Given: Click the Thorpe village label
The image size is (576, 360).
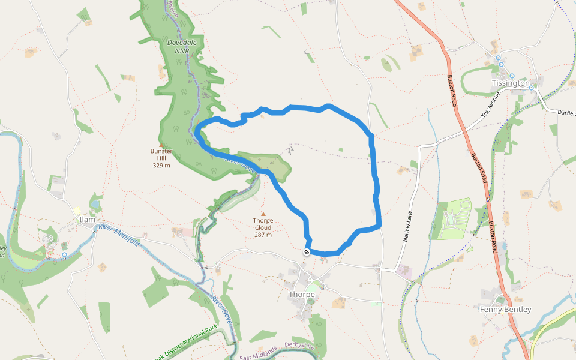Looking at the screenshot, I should coord(302,294).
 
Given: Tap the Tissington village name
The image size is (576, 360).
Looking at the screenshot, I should coord(510,83).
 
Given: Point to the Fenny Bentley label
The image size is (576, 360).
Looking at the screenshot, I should coord(505,310).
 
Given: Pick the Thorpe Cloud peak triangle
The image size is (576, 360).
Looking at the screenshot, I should coord(263,213).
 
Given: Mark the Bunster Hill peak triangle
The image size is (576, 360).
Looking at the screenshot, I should coord(161,144).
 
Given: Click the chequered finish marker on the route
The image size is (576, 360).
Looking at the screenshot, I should coord(307,253).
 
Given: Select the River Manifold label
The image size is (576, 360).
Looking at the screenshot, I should coord(119,235).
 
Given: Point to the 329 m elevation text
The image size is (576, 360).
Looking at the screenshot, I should coord(161,165).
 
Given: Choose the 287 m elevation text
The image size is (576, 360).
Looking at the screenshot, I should coord(263,235).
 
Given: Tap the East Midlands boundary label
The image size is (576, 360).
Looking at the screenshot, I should coord(259,354).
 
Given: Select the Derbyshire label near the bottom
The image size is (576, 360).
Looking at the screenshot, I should coord(299,346).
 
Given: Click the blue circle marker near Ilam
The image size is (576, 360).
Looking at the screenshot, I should coord(64,254).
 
